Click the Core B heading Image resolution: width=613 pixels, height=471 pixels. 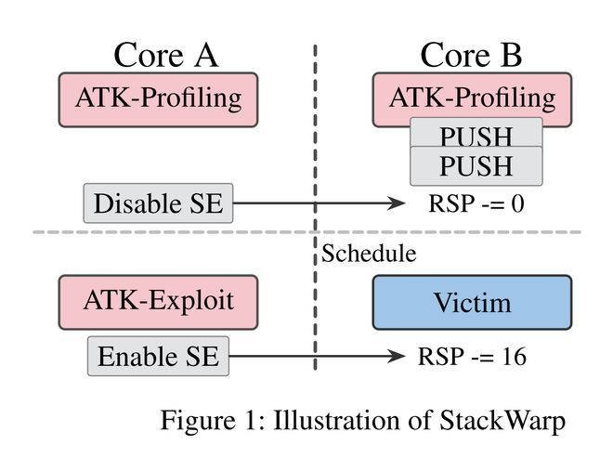(x=472, y=55)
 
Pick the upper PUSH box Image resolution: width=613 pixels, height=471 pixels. (x=476, y=136)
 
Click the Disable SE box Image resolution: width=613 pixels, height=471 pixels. (x=159, y=203)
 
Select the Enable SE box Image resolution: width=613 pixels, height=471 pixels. (x=159, y=357)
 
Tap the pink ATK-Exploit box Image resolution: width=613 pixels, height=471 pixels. (x=159, y=302)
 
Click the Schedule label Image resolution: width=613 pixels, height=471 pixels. (x=370, y=253)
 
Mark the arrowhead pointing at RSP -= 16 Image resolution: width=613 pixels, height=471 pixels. (x=398, y=356)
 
